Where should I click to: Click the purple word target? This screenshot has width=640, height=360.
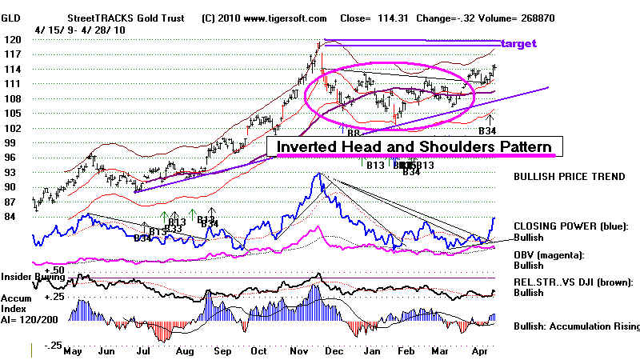pyautogui.click(x=518, y=43)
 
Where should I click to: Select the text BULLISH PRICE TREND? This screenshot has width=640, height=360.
pyautogui.click(x=570, y=176)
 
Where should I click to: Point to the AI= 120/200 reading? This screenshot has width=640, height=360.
pyautogui.click(x=34, y=318)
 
